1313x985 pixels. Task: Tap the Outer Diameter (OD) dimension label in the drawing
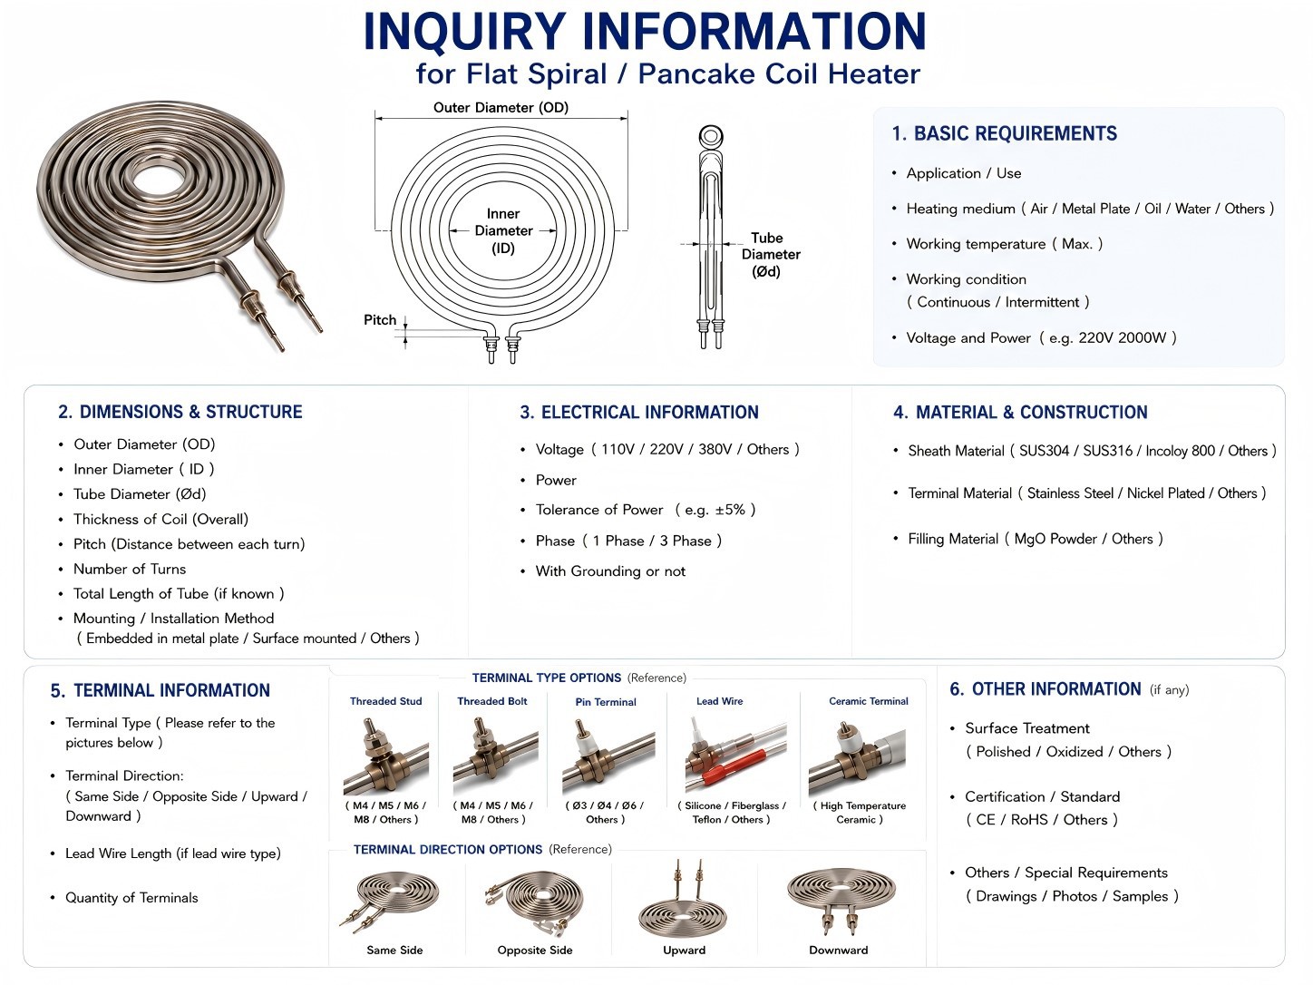(501, 108)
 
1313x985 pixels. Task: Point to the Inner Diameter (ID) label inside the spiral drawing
(503, 230)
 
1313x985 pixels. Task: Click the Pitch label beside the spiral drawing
(380, 320)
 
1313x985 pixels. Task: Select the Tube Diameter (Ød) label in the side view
(771, 255)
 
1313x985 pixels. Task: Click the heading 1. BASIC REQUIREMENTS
(1005, 133)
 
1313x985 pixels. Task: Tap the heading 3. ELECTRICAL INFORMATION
(639, 412)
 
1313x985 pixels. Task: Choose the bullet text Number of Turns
(129, 569)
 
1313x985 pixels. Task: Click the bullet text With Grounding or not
(610, 571)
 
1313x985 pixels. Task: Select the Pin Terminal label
(606, 701)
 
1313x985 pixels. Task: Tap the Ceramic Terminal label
(868, 701)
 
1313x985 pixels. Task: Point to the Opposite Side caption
(535, 950)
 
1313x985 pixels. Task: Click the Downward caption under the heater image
(838, 950)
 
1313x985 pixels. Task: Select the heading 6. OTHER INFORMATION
(1045, 689)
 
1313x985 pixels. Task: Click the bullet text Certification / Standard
(1042, 796)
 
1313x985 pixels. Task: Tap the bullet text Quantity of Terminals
(131, 898)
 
